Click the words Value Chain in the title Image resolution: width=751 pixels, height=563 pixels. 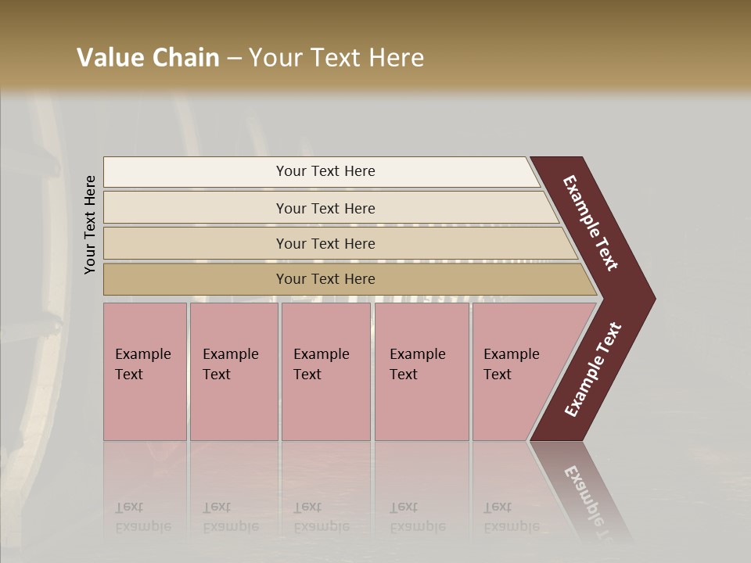[x=148, y=58]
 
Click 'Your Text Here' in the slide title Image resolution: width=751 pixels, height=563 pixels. [x=336, y=58]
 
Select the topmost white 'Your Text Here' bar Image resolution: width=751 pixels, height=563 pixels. [x=325, y=171]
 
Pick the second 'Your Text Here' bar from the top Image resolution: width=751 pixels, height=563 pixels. [x=325, y=208]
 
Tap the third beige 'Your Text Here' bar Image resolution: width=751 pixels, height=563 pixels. [x=325, y=243]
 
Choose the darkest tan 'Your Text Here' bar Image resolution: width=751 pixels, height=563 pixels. [x=325, y=279]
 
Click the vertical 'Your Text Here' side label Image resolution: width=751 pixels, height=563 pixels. [x=90, y=224]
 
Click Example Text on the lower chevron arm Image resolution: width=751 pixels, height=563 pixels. [x=593, y=370]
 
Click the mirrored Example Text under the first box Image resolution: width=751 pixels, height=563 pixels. [x=142, y=517]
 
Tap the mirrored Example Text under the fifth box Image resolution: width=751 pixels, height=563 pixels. [x=511, y=517]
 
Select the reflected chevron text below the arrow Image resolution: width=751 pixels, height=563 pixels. [x=588, y=497]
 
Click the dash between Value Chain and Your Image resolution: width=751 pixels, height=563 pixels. [x=234, y=59]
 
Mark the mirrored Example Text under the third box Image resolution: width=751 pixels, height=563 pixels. [x=321, y=517]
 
